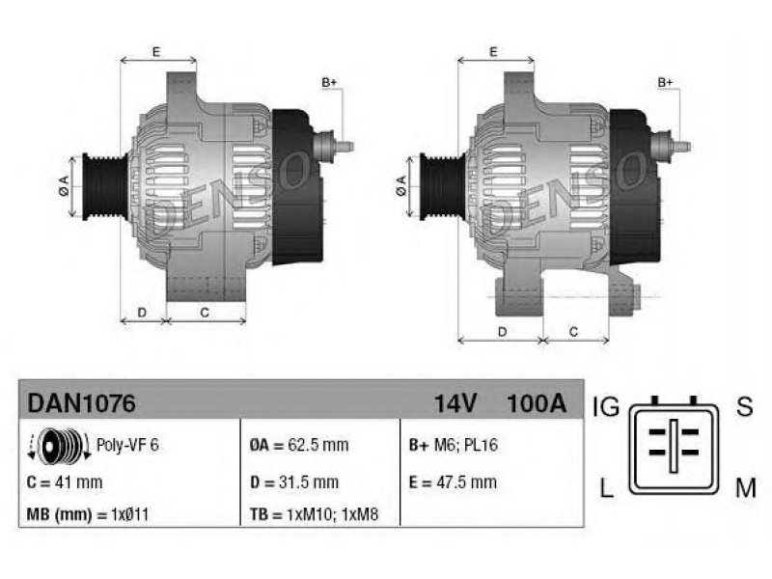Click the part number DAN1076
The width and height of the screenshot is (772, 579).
(x=81, y=403)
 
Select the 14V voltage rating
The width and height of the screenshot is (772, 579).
(x=455, y=403)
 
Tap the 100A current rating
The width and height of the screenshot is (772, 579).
(x=537, y=403)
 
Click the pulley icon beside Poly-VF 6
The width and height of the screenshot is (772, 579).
(x=59, y=446)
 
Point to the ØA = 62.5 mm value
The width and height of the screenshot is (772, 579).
(x=299, y=445)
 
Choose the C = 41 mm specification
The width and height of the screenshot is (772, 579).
(x=65, y=482)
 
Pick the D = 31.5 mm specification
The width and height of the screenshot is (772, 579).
(x=294, y=482)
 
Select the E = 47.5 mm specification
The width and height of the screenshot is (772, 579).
(x=453, y=482)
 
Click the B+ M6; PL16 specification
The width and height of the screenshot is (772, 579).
(x=454, y=445)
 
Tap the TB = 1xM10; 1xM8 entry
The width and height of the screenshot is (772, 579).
(x=315, y=514)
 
